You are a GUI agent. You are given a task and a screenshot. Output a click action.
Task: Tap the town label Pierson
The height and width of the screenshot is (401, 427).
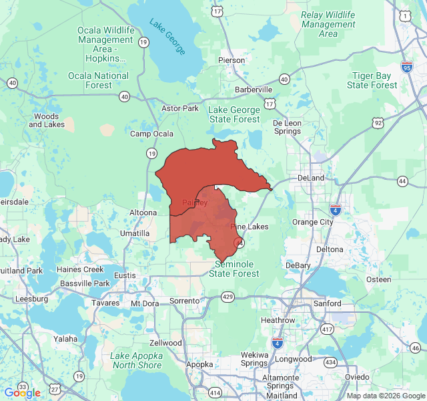tap(232, 60)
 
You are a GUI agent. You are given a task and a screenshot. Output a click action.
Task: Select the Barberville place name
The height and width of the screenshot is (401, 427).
tap(254, 89)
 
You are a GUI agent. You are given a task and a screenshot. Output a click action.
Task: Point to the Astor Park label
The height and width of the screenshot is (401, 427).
tap(180, 108)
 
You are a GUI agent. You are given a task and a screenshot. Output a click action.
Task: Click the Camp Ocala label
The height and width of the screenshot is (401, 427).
tap(151, 134)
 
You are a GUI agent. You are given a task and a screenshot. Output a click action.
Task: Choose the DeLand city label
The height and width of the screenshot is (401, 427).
tap(310, 178)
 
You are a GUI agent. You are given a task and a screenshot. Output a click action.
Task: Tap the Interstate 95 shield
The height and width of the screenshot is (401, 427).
tap(407, 67)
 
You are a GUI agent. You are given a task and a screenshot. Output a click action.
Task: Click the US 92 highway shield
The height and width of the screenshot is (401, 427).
tap(378, 123)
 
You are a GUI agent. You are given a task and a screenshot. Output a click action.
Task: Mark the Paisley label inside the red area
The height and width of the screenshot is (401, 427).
tap(195, 203)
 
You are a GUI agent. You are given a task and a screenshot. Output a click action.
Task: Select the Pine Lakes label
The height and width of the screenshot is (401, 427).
tap(250, 227)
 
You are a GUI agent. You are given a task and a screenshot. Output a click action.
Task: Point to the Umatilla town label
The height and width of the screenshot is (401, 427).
tap(135, 233)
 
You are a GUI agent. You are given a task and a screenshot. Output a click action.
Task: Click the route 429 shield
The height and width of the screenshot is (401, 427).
tap(228, 296)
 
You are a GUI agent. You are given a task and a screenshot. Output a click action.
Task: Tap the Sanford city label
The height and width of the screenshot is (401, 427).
tap(328, 303)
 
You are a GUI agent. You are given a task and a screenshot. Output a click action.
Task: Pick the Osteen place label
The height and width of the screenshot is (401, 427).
tap(378, 279)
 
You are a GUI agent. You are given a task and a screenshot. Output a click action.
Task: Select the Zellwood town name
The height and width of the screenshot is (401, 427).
tap(165, 343)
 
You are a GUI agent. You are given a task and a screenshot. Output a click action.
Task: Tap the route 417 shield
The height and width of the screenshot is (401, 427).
tap(327, 329)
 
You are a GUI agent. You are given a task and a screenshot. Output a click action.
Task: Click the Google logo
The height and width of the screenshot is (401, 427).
tap(22, 393)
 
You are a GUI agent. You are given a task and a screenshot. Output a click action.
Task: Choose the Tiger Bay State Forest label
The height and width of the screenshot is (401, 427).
tap(372, 80)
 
